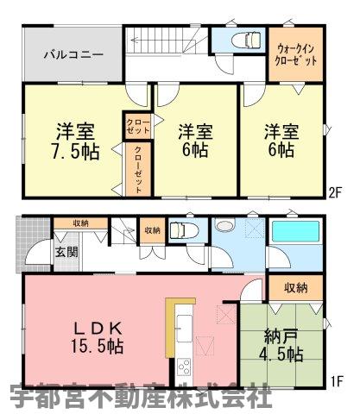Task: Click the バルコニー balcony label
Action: click(x=73, y=54)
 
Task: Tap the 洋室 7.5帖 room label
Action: click(x=75, y=141)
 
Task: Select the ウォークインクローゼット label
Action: click(x=296, y=55)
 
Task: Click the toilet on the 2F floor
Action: click(x=249, y=39)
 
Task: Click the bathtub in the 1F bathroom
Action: click(x=295, y=231)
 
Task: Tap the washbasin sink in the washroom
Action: click(x=225, y=224)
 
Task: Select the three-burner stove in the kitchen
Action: click(x=184, y=367)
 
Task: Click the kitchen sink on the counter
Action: click(x=184, y=328)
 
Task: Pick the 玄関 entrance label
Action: click(x=66, y=253)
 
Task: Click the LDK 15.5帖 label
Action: click(x=98, y=337)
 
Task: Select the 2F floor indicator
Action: click(x=335, y=192)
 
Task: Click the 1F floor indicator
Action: click(x=337, y=381)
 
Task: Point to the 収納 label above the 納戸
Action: click(x=296, y=287)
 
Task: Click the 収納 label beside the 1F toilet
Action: click(x=153, y=230)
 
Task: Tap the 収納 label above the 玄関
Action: click(x=80, y=223)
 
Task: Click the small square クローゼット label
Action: click(x=138, y=127)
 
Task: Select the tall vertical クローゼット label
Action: click(x=138, y=170)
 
